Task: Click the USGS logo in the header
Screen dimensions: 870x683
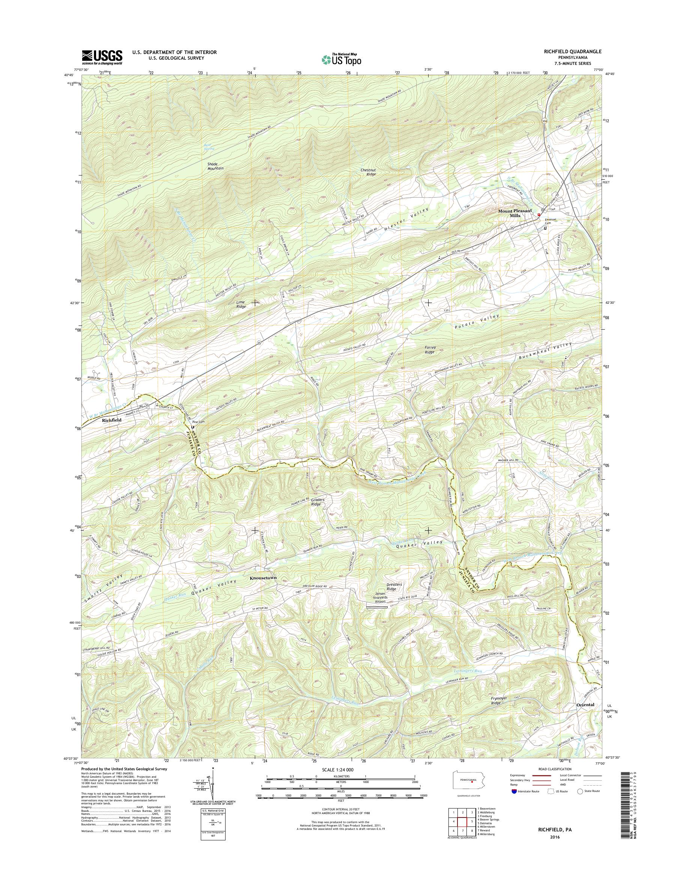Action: tap(102, 57)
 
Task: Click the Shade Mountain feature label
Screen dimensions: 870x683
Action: tap(215, 166)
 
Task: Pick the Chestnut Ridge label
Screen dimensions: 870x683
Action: tap(368, 172)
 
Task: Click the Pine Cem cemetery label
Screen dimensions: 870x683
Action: tap(197, 421)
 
